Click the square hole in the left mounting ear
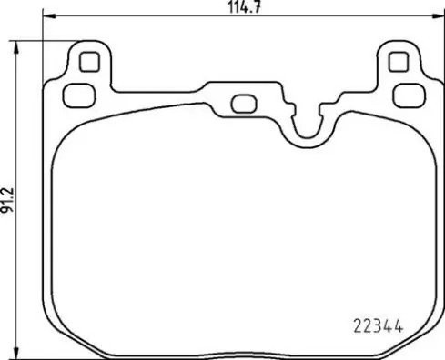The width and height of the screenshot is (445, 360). click(89, 63)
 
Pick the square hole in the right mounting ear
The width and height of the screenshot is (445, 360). click(396, 62)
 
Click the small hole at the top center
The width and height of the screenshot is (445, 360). click(243, 103)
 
